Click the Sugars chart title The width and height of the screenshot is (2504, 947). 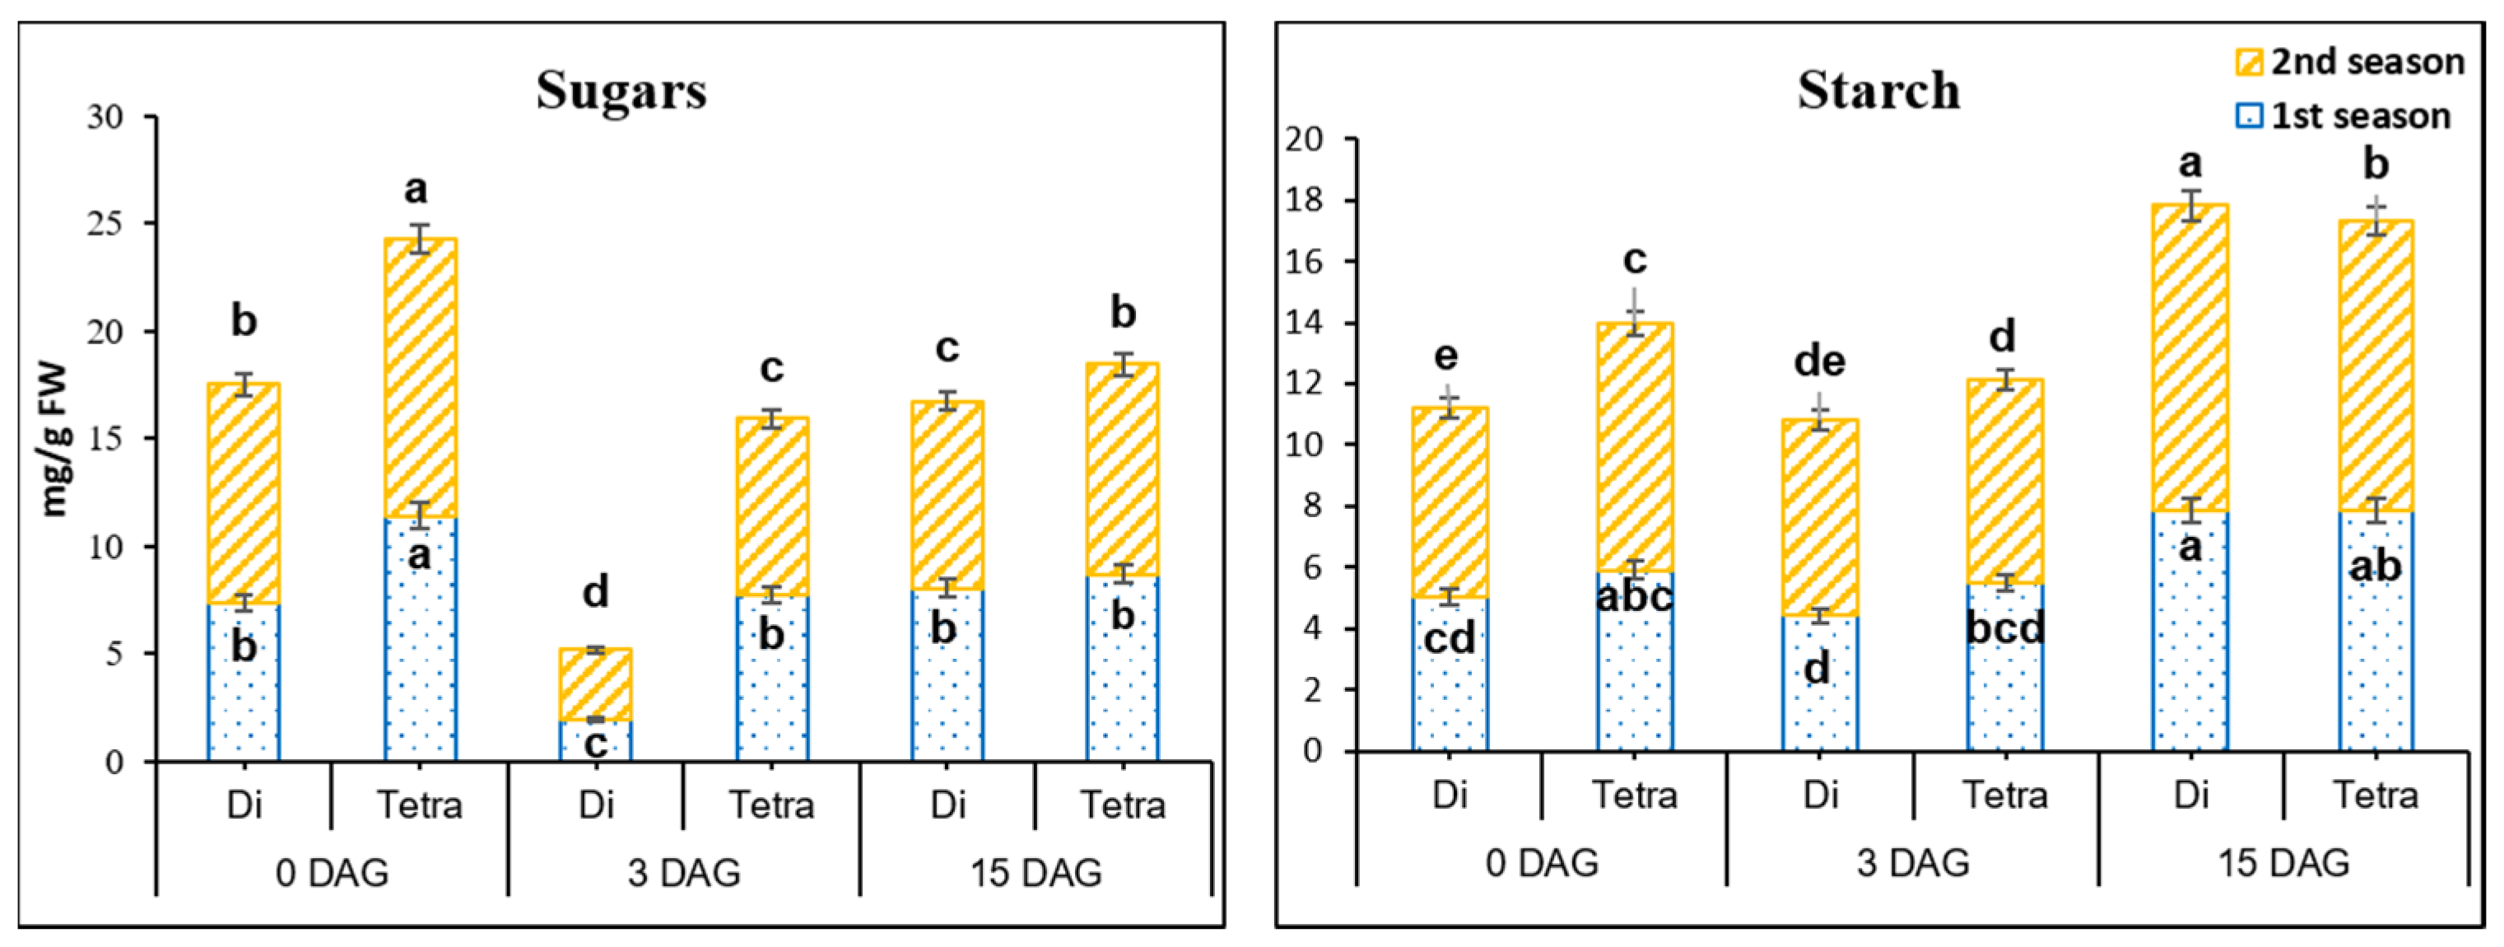(621, 91)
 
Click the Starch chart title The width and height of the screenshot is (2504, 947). (1878, 91)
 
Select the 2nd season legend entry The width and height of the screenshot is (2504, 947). (2352, 63)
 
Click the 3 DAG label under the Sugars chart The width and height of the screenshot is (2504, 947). (683, 872)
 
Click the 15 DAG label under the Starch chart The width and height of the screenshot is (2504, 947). (2283, 862)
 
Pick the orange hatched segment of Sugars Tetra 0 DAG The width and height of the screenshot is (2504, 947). (420, 379)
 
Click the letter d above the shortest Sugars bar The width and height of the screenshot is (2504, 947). (595, 591)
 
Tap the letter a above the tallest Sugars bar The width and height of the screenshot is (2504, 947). (416, 189)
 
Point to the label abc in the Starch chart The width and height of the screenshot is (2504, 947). (1634, 596)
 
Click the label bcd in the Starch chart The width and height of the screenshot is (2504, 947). (2004, 628)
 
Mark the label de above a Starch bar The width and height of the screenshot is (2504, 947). (1818, 362)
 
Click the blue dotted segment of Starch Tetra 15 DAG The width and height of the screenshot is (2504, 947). (2375, 661)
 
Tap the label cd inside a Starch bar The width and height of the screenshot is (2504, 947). (1449, 639)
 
